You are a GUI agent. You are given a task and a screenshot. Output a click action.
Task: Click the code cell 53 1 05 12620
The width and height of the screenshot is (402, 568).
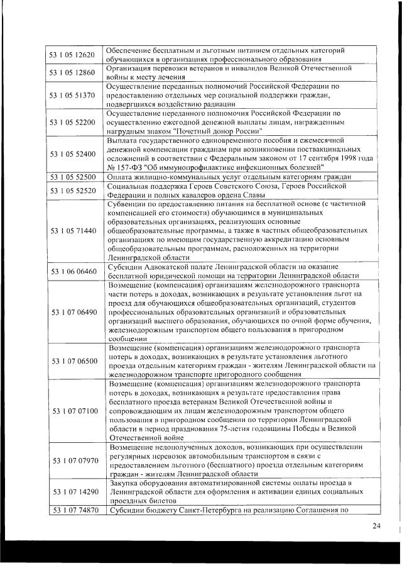72,55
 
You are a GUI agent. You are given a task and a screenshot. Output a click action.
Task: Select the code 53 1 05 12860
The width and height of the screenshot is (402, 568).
72,72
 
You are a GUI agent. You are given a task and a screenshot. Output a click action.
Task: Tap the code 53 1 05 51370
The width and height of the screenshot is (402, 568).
72,95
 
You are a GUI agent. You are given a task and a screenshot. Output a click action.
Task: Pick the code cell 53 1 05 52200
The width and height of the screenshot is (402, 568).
72,121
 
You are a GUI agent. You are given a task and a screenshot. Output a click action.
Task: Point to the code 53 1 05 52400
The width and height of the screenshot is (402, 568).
72,153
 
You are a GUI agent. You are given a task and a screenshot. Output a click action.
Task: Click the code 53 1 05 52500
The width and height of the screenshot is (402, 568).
72,177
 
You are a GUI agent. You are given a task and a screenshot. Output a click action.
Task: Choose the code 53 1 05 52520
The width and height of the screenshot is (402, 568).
72,191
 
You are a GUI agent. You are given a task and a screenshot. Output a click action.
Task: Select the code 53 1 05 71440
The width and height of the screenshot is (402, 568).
72,231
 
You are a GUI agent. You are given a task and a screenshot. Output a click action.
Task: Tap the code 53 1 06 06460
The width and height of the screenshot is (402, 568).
72,271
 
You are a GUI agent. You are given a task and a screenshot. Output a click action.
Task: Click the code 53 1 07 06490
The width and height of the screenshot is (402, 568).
72,311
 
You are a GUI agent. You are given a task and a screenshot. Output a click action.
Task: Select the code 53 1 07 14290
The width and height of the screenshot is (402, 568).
72,491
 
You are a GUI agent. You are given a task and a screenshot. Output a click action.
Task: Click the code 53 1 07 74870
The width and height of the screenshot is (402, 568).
72,510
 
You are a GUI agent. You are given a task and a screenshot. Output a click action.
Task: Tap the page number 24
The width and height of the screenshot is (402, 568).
376,526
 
